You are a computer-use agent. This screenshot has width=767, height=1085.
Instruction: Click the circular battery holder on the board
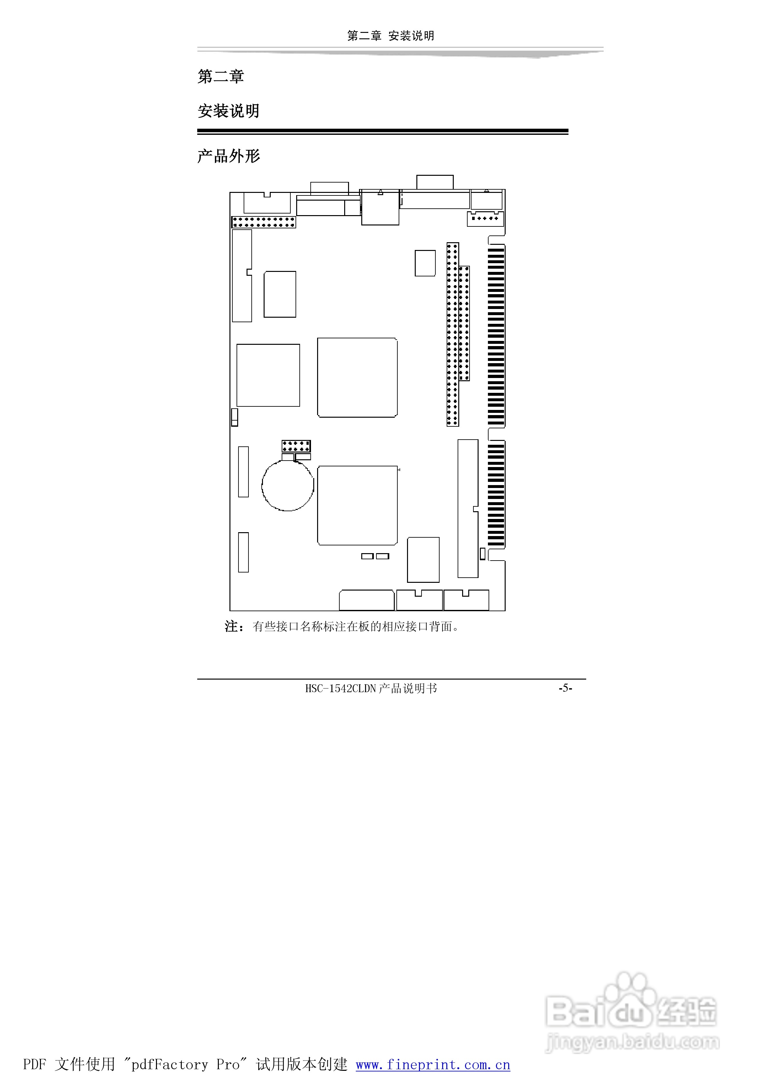point(263,486)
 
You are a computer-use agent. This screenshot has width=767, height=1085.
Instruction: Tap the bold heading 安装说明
point(228,111)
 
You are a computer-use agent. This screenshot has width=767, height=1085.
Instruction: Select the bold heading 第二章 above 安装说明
point(220,76)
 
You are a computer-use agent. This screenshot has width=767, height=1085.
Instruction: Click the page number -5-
point(565,688)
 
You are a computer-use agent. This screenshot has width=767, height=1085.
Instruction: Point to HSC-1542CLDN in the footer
point(340,689)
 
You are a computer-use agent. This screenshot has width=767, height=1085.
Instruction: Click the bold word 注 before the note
point(231,627)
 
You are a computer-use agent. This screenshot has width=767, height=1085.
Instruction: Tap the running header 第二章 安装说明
point(391,36)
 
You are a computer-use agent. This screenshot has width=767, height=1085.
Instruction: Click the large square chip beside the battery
point(357,505)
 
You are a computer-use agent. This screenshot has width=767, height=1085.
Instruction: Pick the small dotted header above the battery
point(296,446)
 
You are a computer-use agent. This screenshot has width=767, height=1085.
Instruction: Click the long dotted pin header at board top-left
point(264,222)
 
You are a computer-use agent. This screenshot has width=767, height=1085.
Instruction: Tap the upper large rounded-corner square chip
point(357,378)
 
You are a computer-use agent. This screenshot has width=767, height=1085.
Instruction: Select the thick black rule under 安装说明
point(383,131)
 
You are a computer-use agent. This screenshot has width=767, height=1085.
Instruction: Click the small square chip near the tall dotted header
point(425,263)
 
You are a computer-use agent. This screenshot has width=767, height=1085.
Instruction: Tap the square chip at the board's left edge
point(268,375)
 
